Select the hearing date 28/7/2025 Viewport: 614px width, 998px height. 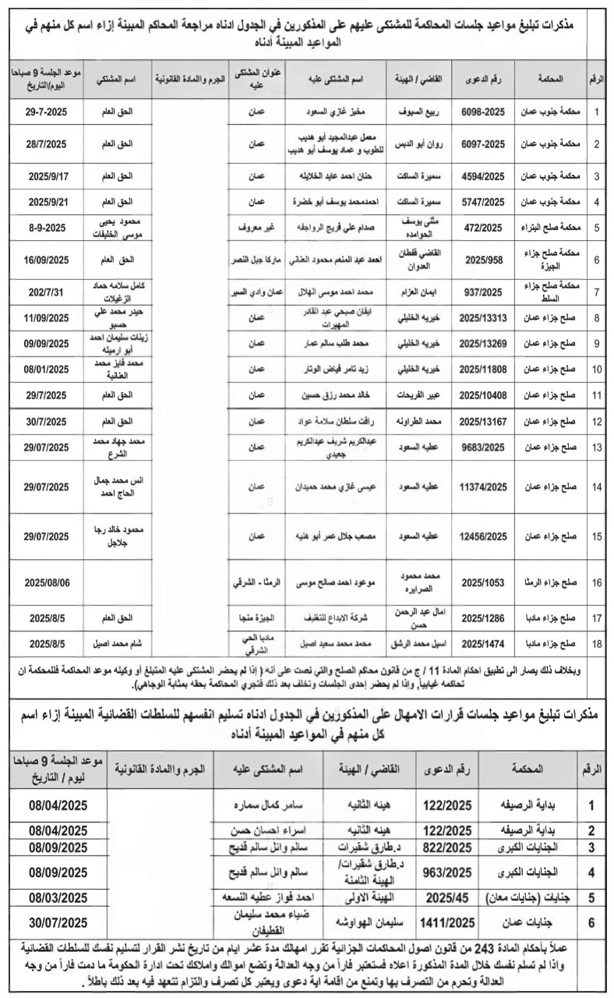pyautogui.click(x=48, y=144)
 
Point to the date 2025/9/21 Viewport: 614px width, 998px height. pyautogui.click(x=48, y=201)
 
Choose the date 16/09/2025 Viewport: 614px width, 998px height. pyautogui.click(x=48, y=259)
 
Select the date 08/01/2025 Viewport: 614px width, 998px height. pyautogui.click(x=48, y=367)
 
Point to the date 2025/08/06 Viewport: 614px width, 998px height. pyautogui.click(x=48, y=583)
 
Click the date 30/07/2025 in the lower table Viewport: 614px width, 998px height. pyautogui.click(x=58, y=922)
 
